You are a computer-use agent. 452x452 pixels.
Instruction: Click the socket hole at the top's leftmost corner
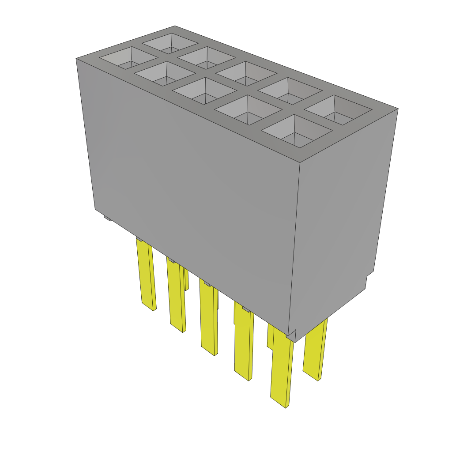pos(128,58)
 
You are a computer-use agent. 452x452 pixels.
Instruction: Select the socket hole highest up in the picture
pos(170,44)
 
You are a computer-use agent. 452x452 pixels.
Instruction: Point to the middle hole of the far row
pos(245,74)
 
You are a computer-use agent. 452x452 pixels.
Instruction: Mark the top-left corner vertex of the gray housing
pos(76,58)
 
